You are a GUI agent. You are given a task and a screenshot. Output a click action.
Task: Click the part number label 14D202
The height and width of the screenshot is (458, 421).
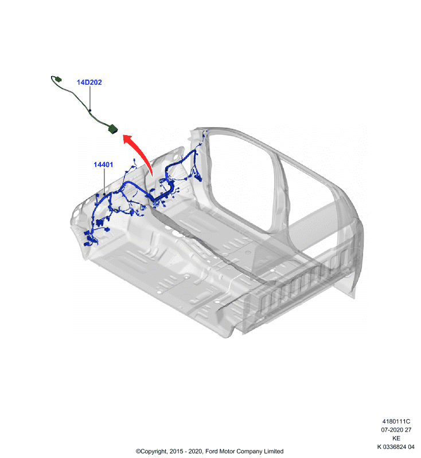(89, 82)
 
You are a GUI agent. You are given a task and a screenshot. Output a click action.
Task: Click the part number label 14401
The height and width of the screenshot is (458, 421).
(103, 165)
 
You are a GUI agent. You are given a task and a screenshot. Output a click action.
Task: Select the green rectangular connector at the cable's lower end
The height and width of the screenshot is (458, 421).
(112, 129)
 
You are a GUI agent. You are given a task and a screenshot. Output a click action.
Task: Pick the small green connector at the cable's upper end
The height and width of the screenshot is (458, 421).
(59, 79)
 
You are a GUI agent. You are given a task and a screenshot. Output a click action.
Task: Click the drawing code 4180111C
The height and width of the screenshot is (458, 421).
(396, 421)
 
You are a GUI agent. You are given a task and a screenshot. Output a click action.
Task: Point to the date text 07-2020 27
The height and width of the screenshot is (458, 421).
(396, 430)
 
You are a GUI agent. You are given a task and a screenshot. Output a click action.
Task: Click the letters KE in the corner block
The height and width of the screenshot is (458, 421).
(396, 439)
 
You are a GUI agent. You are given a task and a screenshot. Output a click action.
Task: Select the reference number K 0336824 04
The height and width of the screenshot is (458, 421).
(396, 447)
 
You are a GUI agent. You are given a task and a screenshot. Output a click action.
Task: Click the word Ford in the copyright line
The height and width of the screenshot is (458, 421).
(211, 451)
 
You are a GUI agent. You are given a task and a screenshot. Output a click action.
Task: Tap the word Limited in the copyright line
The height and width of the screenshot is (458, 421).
(274, 451)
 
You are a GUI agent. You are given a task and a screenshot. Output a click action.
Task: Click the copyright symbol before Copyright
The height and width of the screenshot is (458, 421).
(138, 452)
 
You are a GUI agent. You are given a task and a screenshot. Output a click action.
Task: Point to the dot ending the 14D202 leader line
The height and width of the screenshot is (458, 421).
(90, 110)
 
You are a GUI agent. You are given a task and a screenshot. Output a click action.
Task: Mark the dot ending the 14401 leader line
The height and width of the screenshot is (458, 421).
(104, 194)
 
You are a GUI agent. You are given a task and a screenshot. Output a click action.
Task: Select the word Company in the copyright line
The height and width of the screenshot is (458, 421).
(250, 451)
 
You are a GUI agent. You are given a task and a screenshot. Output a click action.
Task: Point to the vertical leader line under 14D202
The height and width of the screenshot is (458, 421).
(90, 98)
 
